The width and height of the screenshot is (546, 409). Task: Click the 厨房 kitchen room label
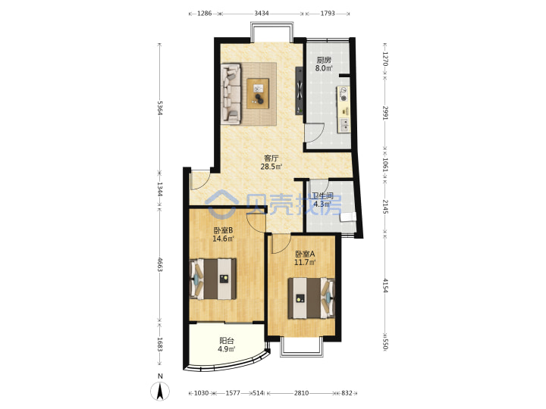coord(324,60)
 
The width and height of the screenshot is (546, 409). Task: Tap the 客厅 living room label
coord(271,158)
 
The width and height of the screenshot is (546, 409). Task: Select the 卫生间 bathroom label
coord(322,196)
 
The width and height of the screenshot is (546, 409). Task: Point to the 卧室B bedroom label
coord(223,230)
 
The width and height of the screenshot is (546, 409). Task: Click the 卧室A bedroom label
coord(305,254)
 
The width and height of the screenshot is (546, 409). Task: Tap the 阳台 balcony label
coord(226,341)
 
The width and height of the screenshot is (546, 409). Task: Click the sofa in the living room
coord(231,94)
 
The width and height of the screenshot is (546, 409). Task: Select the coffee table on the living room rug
coord(258,93)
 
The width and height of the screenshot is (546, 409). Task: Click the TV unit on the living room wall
coord(299,91)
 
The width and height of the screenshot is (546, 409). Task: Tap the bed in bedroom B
coord(213,279)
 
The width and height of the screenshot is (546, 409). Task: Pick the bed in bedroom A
coord(312,298)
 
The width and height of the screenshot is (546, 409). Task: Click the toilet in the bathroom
coord(348,217)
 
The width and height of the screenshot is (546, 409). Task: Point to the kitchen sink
coord(344,125)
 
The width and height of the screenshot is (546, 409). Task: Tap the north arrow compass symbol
coord(160,391)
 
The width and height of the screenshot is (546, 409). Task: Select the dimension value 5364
coord(160,108)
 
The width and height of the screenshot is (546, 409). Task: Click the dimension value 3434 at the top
coord(261,13)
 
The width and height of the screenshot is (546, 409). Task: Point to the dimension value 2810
coord(301,393)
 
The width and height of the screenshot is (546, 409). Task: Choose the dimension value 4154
coord(385,286)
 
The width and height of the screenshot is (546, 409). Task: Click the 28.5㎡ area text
coord(271,167)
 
